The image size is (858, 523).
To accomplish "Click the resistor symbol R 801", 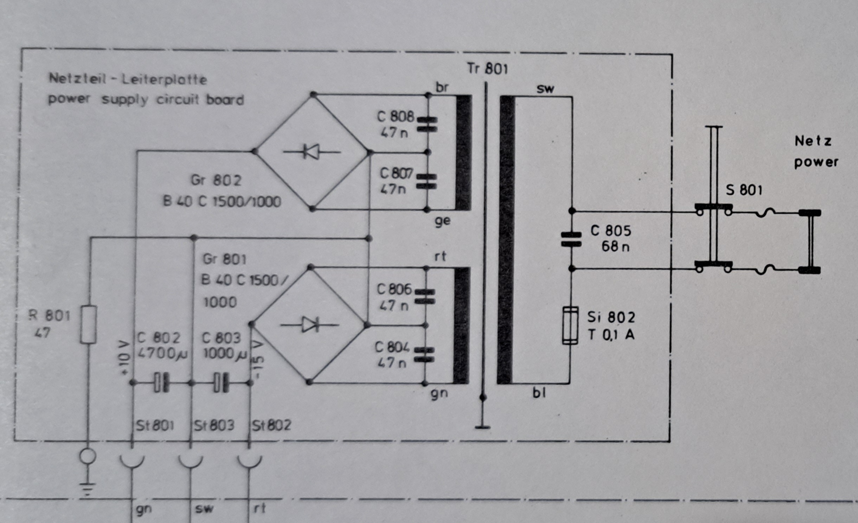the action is (x=89, y=324).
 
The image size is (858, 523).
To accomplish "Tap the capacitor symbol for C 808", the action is (x=427, y=124).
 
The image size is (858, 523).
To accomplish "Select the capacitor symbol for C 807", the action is (x=427, y=181).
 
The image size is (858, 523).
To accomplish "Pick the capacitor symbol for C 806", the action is (x=425, y=296).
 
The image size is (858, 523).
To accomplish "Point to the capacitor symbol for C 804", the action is (x=424, y=355).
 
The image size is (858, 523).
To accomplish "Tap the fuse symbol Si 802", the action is (x=570, y=325).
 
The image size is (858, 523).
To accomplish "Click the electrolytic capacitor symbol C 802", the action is (x=161, y=382).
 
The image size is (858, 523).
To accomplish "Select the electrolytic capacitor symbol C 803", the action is (x=221, y=382).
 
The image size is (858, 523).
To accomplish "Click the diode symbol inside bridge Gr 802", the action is (x=312, y=152).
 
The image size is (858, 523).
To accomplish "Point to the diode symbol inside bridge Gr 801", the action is (x=310, y=324).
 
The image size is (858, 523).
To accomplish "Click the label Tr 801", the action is (x=487, y=69).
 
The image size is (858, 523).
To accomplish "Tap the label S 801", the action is (x=744, y=190).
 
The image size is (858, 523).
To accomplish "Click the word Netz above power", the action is (x=813, y=141).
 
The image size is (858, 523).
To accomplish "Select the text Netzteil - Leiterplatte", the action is (x=128, y=79).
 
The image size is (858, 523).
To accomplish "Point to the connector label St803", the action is (x=214, y=426).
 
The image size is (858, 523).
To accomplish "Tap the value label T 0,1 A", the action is (x=611, y=335).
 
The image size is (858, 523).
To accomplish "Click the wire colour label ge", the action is (x=442, y=221).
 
